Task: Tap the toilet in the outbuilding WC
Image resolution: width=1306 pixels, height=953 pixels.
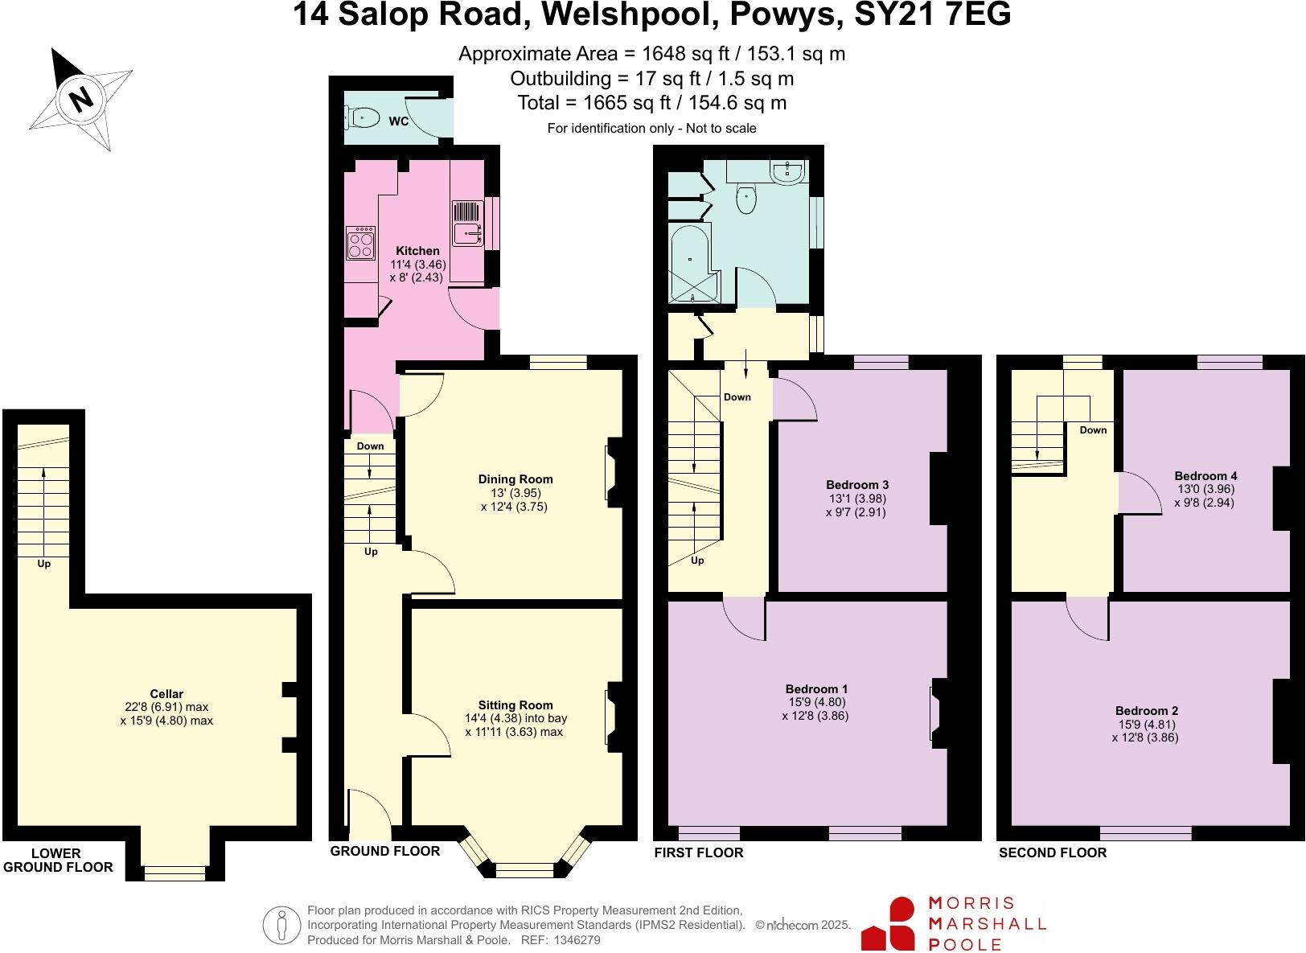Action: (364, 118)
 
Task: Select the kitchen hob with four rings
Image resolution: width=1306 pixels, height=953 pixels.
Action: (360, 242)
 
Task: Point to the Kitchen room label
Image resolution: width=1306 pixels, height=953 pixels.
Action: (417, 251)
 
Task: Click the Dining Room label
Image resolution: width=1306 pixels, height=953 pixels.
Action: (515, 479)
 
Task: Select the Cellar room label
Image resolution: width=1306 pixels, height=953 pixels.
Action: (166, 694)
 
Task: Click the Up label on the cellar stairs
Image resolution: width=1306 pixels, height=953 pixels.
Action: (44, 564)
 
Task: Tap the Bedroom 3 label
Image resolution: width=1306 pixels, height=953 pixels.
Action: (857, 485)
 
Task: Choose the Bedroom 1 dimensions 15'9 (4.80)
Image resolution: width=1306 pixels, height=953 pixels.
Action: (816, 702)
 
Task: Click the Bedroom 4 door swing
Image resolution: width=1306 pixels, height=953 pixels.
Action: (1136, 493)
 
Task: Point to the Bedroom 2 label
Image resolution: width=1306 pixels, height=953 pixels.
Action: (1146, 711)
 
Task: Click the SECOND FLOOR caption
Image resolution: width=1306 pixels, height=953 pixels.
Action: (1052, 852)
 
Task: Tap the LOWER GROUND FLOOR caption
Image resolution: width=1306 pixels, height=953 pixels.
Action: (58, 860)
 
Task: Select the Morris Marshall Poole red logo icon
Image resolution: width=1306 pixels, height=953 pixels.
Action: (889, 923)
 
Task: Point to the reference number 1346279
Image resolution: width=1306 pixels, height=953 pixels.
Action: (573, 939)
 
